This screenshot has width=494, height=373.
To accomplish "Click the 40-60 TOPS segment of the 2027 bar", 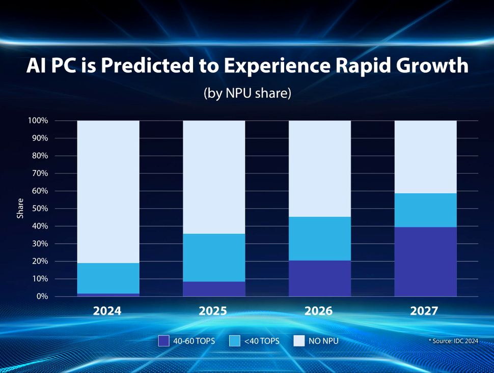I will click(x=425, y=262).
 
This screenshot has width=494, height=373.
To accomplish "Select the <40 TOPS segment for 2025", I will click(x=214, y=257).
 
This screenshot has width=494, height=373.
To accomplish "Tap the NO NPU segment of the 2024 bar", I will click(x=108, y=192).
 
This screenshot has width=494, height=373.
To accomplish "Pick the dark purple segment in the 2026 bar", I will click(x=320, y=278).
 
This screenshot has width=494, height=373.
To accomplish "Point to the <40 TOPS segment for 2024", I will click(x=108, y=278).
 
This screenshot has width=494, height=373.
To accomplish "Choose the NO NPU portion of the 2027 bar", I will click(x=425, y=157).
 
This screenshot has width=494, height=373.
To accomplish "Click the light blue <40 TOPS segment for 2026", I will click(x=320, y=239).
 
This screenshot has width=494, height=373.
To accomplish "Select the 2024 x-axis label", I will click(x=107, y=311).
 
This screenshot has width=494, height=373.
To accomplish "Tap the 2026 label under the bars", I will click(x=319, y=311).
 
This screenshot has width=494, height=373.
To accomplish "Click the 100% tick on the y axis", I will click(x=39, y=121).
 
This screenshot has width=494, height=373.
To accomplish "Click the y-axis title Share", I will click(x=20, y=209).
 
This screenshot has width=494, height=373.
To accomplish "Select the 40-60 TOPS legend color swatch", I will click(x=164, y=341).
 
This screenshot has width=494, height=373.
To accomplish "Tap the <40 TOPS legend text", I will click(x=262, y=341).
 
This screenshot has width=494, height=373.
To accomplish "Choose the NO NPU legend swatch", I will click(x=299, y=341).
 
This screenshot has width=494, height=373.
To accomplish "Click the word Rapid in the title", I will click(x=356, y=67).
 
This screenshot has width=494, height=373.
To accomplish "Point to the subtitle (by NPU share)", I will click(x=247, y=94).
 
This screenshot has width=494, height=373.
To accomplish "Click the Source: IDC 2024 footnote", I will click(x=453, y=341).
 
